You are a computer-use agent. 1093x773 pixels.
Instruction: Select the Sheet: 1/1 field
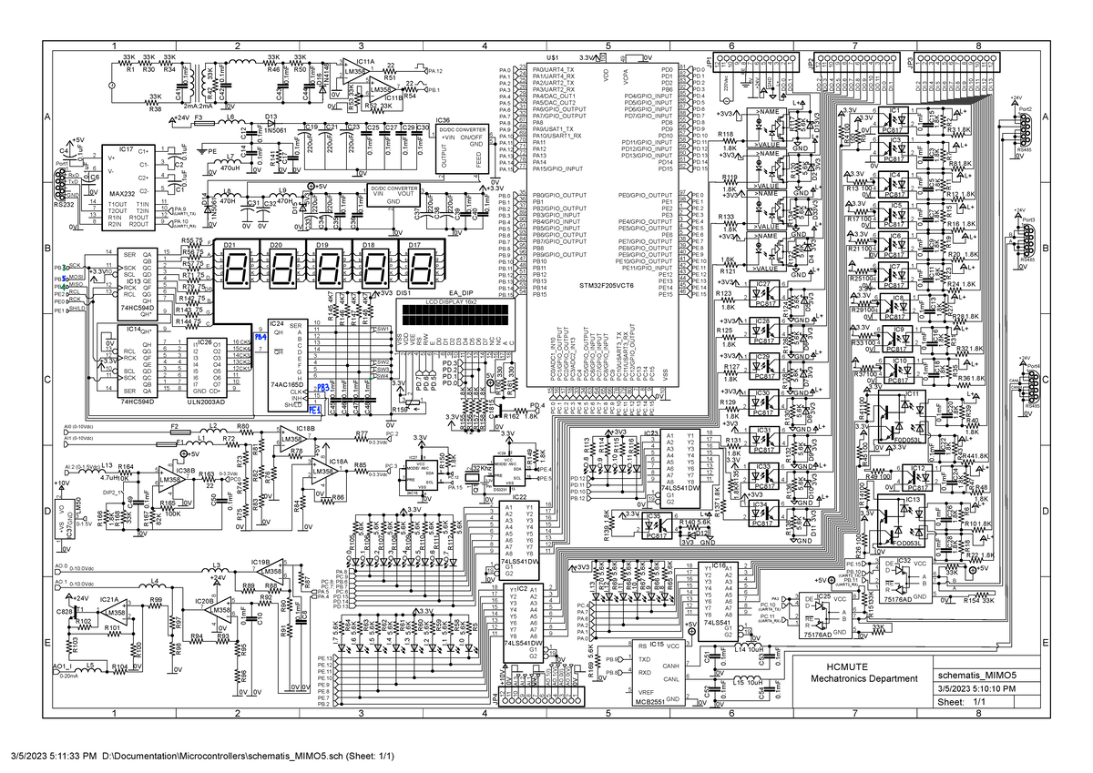(x=963, y=702)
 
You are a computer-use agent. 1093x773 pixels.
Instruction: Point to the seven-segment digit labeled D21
(x=231, y=268)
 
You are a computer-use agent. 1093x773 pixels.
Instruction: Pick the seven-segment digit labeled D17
(x=420, y=268)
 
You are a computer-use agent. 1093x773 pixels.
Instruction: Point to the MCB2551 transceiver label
(x=649, y=703)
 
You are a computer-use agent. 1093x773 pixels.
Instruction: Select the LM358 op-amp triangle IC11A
(x=353, y=71)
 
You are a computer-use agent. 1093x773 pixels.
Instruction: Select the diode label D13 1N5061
(x=272, y=124)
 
